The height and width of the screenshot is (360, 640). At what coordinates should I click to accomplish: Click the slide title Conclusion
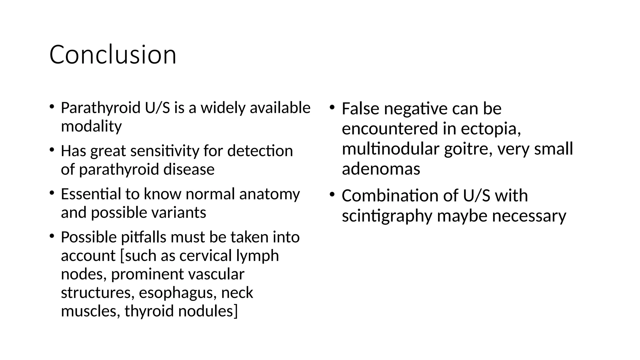tap(113, 55)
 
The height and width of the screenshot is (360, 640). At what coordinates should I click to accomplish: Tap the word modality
tap(91, 127)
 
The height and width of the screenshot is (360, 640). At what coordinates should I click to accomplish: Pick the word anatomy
tap(269, 195)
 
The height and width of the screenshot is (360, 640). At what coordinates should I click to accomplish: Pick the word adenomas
tap(381, 169)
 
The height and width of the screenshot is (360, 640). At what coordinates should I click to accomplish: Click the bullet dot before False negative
tap(332, 108)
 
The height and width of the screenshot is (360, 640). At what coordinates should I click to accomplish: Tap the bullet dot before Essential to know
tap(52, 193)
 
